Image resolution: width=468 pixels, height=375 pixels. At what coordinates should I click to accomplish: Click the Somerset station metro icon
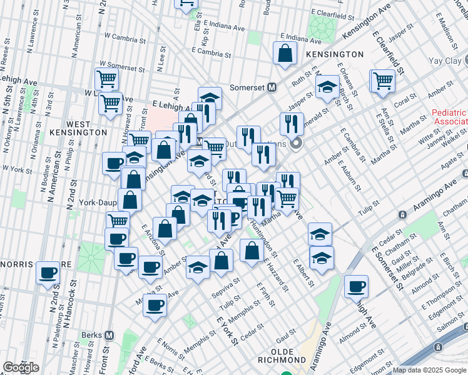[x=272, y=88]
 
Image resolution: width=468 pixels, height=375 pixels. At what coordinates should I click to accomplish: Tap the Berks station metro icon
[x=109, y=335]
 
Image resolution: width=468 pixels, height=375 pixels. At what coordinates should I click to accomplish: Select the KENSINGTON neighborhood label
[x=335, y=54]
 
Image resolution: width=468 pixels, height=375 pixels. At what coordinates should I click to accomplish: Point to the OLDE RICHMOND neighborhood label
[x=289, y=360]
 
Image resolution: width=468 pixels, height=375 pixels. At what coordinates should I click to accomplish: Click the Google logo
[x=21, y=367]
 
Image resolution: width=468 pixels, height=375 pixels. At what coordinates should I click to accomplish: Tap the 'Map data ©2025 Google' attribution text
[x=430, y=370]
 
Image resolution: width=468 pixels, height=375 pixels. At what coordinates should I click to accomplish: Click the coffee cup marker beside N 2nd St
[x=48, y=273]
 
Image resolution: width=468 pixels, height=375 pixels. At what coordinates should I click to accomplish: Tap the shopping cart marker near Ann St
[x=382, y=80]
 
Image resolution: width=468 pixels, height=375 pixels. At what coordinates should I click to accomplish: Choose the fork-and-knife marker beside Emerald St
[x=292, y=124]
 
